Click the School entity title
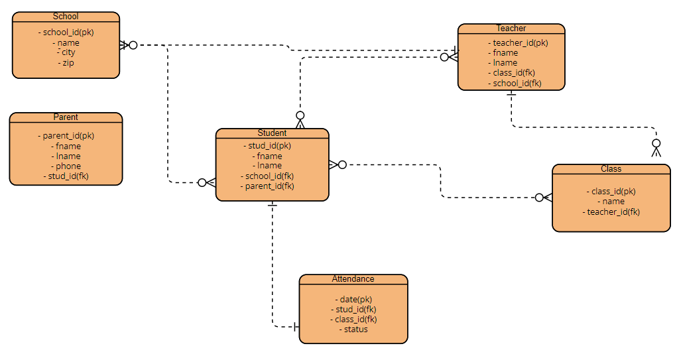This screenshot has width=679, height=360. (65, 17)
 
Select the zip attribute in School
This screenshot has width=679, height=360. (68, 63)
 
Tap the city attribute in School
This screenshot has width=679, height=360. (68, 52)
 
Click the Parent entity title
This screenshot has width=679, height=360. (66, 117)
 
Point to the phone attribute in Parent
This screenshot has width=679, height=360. (68, 166)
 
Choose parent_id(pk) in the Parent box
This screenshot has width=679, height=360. (68, 136)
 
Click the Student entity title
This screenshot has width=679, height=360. (272, 133)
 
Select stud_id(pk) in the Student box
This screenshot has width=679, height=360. (269, 146)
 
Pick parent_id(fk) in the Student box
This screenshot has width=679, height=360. (269, 186)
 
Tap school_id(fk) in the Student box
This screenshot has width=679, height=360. (269, 176)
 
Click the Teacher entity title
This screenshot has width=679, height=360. (511, 29)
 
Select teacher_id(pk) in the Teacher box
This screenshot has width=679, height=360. (520, 43)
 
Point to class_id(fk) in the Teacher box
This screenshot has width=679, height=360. (513, 73)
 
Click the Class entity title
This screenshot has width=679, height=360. (611, 169)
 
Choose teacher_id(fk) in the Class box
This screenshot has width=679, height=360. (613, 212)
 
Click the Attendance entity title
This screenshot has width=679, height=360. (353, 279)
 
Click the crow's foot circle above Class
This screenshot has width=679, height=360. (656, 143)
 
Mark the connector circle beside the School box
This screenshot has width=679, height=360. (133, 45)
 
